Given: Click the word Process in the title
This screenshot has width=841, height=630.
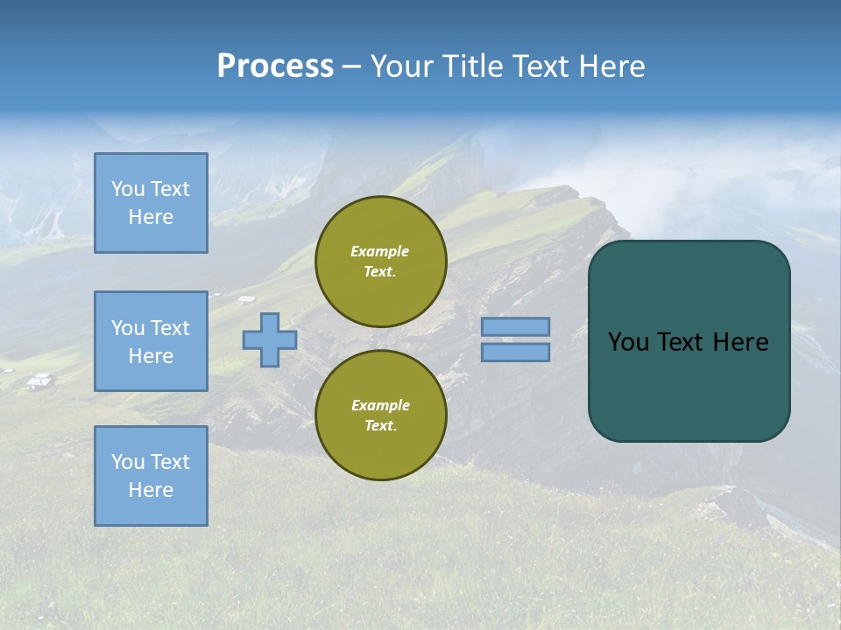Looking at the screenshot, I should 275,66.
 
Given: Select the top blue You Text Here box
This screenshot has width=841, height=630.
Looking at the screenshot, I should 151,203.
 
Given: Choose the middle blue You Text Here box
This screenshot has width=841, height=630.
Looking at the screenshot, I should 151,341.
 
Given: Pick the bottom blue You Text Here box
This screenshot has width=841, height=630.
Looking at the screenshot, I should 151,476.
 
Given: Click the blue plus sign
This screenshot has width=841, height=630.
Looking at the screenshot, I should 269,340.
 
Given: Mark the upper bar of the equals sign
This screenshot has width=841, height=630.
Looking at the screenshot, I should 516,327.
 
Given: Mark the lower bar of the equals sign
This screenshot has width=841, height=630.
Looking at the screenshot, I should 516,352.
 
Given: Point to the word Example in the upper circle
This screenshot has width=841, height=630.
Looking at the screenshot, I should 380,251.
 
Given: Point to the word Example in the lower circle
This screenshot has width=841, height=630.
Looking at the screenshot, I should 380,405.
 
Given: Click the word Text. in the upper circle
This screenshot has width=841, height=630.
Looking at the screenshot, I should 380,271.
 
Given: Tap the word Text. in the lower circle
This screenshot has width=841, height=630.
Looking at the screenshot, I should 380,425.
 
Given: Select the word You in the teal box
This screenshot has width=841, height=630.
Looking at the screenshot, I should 628,342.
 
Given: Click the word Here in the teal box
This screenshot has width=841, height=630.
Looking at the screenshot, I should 740,342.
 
